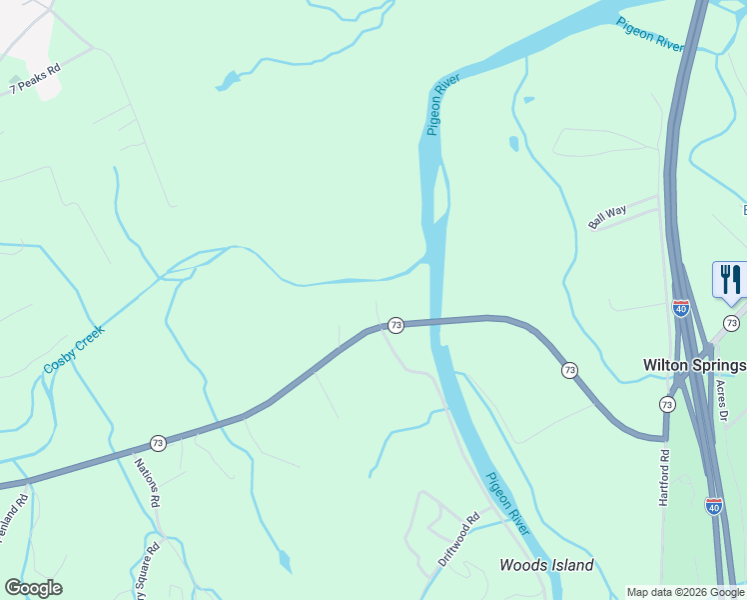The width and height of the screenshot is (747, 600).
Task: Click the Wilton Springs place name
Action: (693, 364)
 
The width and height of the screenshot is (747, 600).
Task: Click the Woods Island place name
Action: (546, 565)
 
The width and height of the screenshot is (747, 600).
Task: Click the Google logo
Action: (33, 588)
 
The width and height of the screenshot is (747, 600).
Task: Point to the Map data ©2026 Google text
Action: (686, 592)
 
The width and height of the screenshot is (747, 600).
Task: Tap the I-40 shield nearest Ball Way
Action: (681, 308)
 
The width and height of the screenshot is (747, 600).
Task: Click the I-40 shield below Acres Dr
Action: (713, 506)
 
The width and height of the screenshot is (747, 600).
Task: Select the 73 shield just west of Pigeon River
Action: (395, 325)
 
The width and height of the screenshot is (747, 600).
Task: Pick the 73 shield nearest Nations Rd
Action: (158, 442)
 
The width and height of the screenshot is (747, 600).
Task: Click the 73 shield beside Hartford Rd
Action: (667, 404)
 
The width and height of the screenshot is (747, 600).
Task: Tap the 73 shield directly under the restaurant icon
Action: (731, 323)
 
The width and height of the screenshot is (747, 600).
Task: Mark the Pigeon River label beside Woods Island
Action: (507, 503)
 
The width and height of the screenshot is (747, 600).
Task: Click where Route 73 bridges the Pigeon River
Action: (436, 321)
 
